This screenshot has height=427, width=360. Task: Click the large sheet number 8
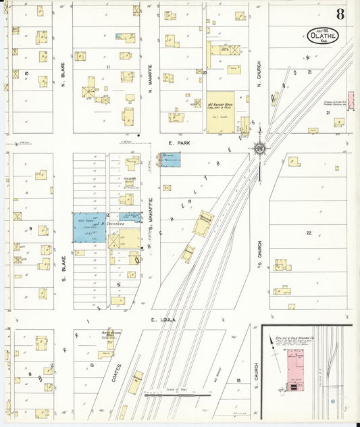point(340,14)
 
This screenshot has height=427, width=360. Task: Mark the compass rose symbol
point(260,148)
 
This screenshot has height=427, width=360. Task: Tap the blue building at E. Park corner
point(171,160)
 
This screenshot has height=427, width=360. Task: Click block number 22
point(309,233)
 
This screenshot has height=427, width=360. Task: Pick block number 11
point(107,68)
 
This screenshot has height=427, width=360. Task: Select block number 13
point(92,366)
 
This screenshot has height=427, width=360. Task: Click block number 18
point(238,382)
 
